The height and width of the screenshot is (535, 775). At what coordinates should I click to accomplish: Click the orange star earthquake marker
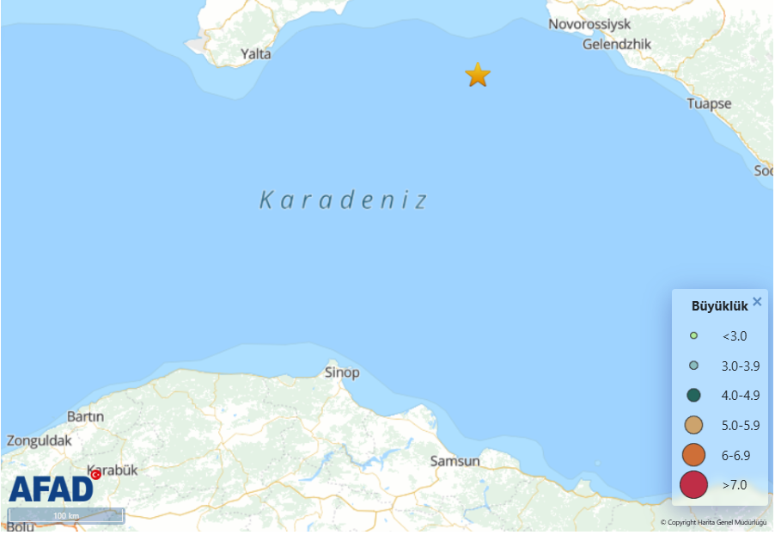click(478, 75)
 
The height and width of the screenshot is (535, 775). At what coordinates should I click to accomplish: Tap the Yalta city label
click(256, 53)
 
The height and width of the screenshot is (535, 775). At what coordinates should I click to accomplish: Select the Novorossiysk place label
click(589, 24)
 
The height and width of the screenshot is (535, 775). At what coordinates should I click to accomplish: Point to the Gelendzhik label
click(617, 44)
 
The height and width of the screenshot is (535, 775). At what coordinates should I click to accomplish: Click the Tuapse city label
click(709, 103)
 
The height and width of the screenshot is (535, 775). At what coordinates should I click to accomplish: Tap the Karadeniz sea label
click(344, 200)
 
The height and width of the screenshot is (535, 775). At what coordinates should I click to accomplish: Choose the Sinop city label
click(342, 372)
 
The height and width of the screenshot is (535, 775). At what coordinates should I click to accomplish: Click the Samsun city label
click(455, 461)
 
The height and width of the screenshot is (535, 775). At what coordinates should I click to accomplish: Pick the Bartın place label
click(85, 416)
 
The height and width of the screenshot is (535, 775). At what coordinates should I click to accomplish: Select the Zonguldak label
click(40, 440)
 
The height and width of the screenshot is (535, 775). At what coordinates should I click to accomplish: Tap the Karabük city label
click(113, 470)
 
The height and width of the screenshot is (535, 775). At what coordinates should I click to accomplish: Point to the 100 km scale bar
click(66, 515)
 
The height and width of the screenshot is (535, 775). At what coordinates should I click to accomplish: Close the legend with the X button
click(757, 301)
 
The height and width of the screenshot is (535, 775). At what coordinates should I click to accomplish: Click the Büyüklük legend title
click(720, 306)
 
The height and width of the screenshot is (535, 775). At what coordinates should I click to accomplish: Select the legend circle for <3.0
click(693, 335)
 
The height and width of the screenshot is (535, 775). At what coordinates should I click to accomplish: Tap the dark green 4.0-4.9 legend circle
click(693, 396)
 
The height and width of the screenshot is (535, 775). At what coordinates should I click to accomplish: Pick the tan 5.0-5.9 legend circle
click(693, 425)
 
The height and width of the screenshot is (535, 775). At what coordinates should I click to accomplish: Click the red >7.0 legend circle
click(693, 485)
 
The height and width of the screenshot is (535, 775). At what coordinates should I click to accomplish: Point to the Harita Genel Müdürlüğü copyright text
click(713, 522)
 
